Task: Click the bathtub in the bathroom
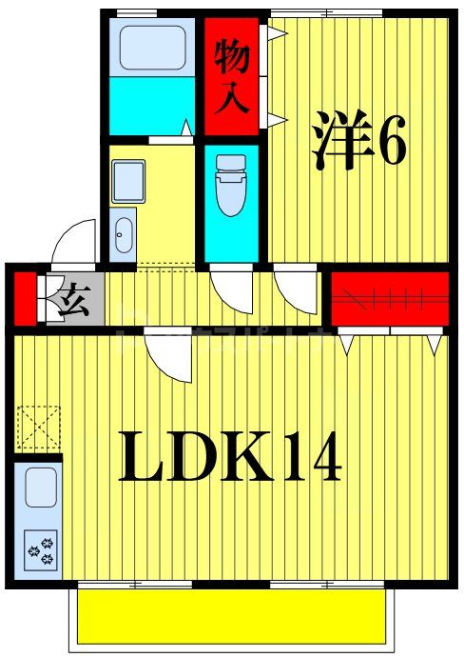coord(151,47)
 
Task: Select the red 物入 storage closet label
coord(232,76)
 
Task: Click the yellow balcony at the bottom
coord(232,616)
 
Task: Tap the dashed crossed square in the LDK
coord(38,426)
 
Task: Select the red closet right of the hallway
coord(389,297)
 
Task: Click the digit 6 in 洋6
coord(393,141)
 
